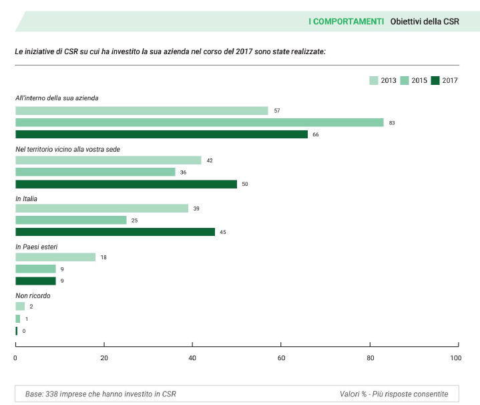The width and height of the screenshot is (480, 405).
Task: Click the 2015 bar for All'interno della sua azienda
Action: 199,122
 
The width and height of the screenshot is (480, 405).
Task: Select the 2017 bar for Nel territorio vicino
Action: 126,184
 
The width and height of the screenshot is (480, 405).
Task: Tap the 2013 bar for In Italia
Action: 101,209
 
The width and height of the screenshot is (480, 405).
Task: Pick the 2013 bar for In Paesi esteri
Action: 55,257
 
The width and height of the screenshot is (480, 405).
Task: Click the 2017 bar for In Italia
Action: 115,232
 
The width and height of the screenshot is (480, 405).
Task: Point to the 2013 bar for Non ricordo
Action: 20,306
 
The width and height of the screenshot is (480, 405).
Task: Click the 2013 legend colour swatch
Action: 373,81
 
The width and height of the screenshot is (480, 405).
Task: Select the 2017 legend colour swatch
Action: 435,81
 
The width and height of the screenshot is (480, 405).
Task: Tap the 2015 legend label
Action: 419,81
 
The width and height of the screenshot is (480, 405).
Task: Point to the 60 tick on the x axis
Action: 281,346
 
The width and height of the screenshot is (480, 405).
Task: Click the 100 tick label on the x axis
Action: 456,358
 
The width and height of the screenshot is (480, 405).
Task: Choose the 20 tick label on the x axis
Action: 104,358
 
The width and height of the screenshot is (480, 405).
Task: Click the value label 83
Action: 392,123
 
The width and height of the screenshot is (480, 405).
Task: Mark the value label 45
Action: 223,233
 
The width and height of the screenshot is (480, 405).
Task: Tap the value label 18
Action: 103,257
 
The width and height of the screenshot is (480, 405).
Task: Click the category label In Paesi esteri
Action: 37,247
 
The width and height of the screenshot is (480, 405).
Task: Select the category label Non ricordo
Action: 33,295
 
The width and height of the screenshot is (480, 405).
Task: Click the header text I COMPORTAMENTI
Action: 346,21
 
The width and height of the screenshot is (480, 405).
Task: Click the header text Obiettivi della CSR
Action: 425,21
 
